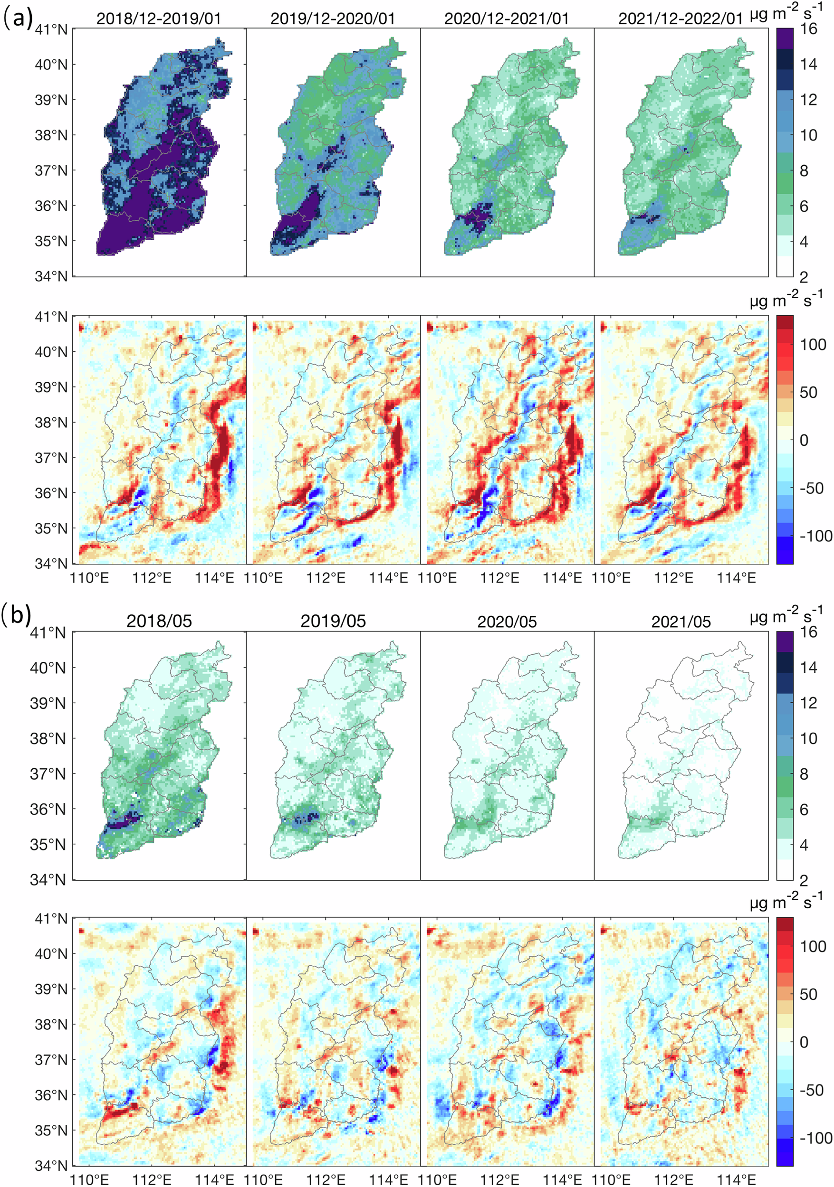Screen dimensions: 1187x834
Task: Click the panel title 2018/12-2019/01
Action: pyautogui.click(x=159, y=19)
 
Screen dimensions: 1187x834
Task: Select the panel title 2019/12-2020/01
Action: pyautogui.click(x=333, y=19)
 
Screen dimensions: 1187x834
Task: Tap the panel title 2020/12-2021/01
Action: pyautogui.click(x=507, y=19)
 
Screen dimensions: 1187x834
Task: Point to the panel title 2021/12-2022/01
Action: pyautogui.click(x=681, y=19)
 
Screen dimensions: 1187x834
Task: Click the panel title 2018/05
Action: pyautogui.click(x=159, y=621)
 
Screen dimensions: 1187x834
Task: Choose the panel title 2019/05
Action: pyautogui.click(x=333, y=621)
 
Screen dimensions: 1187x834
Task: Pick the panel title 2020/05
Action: pyautogui.click(x=507, y=621)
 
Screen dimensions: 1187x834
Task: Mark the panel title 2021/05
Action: pyautogui.click(x=681, y=621)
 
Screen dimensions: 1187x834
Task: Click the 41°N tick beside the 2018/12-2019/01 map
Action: pyautogui.click(x=51, y=29)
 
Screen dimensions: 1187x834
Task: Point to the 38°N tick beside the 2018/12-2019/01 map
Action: pyautogui.click(x=51, y=135)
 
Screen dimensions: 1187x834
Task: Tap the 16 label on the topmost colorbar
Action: pyautogui.click(x=808, y=29)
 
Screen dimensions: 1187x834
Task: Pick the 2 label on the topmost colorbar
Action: pyautogui.click(x=804, y=277)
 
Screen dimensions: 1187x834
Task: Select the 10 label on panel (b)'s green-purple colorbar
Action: pyautogui.click(x=808, y=738)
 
